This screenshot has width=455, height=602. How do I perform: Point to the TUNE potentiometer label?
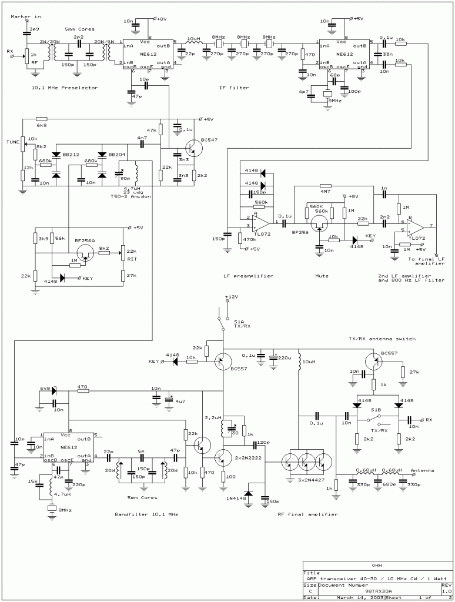(12, 142)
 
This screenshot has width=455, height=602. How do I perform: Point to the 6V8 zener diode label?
(44, 389)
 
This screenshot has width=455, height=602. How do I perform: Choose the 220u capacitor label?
(284, 357)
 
